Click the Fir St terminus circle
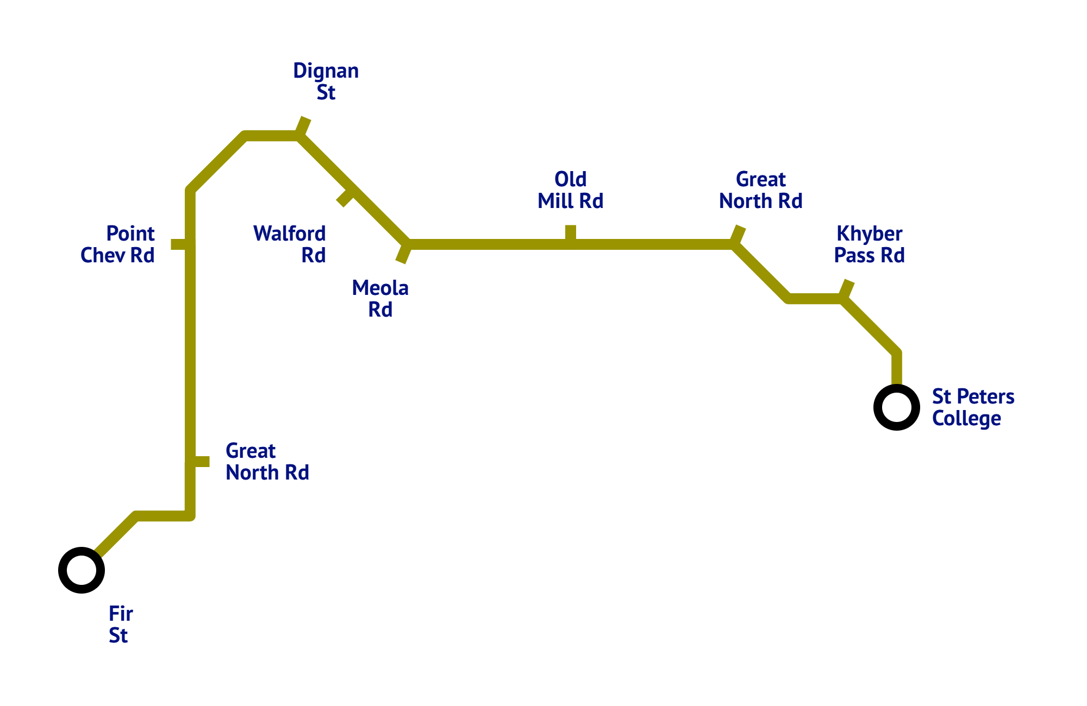[82, 570]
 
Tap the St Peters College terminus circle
[897, 407]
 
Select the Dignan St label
[326, 81]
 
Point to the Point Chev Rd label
[118, 244]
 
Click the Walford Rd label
[290, 244]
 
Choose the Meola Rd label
[380, 299]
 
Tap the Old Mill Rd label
[571, 190]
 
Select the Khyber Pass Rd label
[870, 244]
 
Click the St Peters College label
[973, 407]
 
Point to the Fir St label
[120, 625]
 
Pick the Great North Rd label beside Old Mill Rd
[761, 190]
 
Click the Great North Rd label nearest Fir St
[267, 462]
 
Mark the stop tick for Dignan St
[303, 126]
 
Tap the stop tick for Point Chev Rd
[180, 244]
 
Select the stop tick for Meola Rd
[404, 254]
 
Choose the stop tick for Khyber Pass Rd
[846, 289]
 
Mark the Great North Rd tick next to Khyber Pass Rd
[738, 235]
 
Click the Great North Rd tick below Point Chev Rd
[199, 462]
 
